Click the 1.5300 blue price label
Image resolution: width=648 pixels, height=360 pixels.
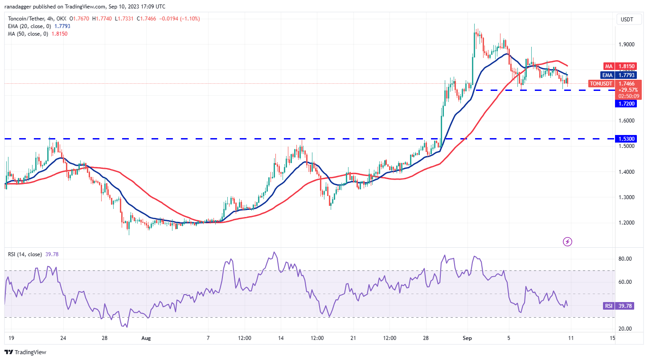point(626,139)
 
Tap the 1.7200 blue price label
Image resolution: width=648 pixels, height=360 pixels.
point(626,104)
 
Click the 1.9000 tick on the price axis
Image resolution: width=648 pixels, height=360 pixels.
point(626,44)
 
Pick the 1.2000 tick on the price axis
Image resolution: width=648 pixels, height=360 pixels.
point(626,223)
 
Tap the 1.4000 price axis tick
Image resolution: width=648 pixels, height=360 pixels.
point(626,172)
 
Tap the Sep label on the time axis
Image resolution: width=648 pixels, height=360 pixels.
point(467,338)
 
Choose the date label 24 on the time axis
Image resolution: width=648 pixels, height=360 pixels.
point(63,338)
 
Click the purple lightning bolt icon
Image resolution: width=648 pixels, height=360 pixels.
point(568,241)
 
